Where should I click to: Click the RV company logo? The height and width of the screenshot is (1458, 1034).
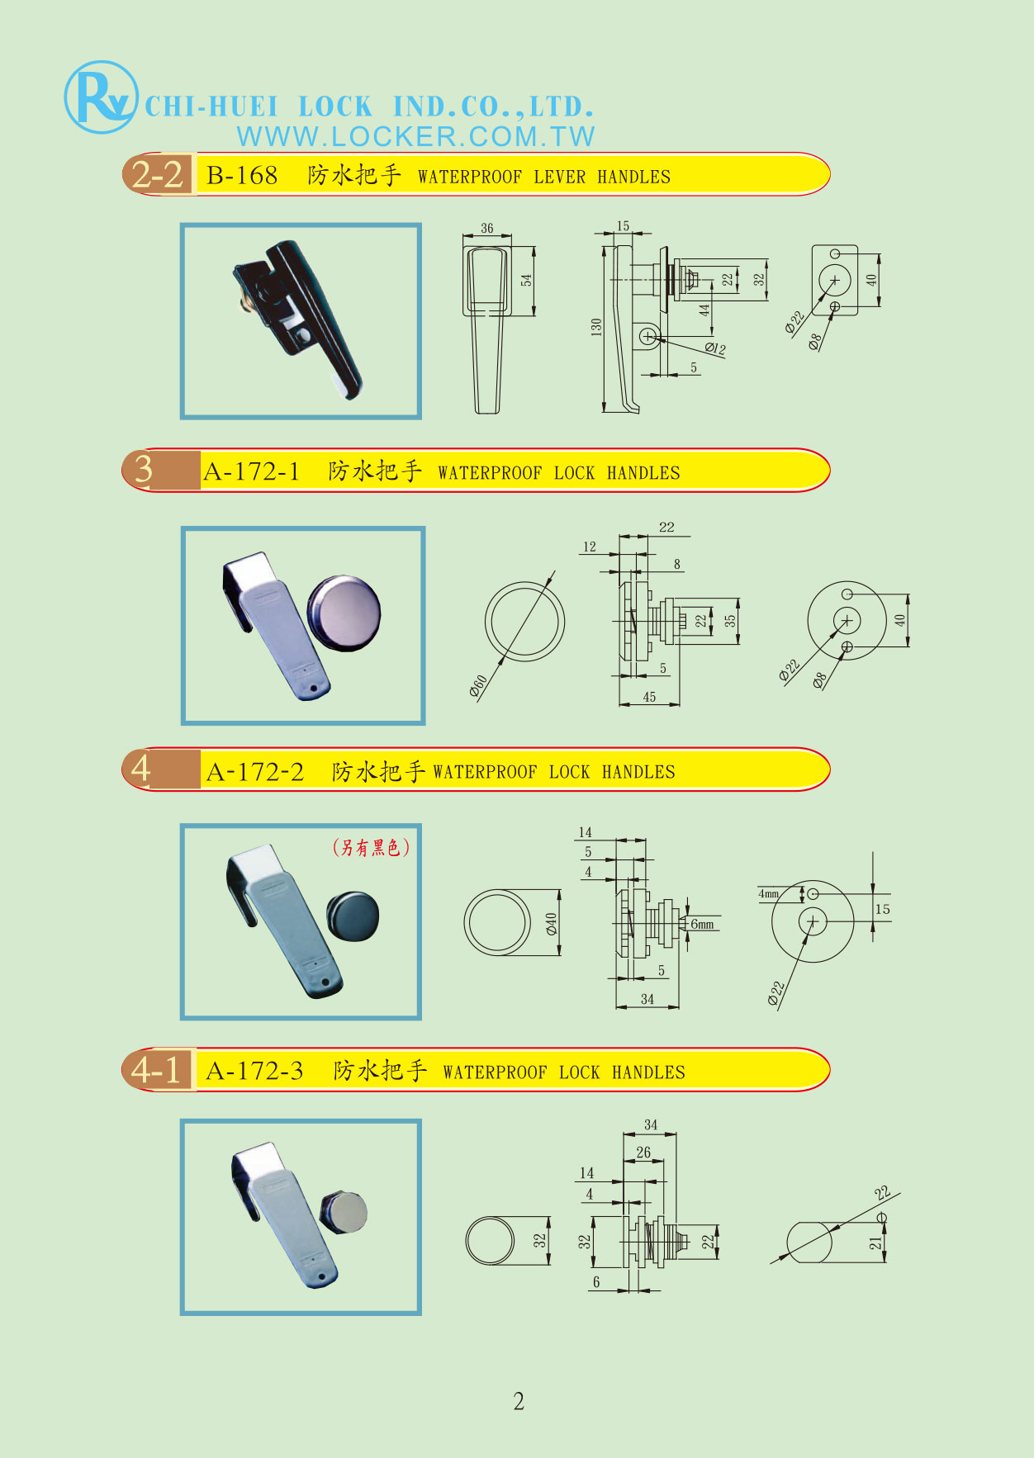(100, 97)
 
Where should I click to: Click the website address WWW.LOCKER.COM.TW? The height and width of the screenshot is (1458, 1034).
(415, 136)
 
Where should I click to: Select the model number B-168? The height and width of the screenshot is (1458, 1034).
(242, 175)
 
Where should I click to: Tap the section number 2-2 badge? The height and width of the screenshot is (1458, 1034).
(158, 174)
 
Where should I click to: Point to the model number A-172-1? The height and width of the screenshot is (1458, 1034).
(251, 471)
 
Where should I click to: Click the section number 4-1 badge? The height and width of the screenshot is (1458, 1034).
(157, 1070)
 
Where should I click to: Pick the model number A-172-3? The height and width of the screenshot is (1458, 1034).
(254, 1071)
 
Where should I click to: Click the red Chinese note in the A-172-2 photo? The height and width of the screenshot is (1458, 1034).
(371, 847)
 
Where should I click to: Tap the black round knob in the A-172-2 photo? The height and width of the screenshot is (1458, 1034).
(353, 916)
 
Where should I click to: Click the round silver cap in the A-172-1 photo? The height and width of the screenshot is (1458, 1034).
(344, 613)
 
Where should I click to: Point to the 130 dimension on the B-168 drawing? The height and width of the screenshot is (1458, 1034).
(596, 327)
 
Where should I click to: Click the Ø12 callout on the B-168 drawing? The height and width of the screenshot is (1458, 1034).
(715, 348)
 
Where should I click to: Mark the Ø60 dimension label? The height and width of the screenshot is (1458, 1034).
(479, 686)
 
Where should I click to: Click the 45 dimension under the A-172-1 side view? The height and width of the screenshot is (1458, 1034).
(649, 698)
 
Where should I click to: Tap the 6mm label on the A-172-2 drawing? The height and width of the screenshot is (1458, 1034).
(702, 924)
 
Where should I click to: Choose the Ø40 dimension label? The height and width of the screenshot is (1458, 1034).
(552, 924)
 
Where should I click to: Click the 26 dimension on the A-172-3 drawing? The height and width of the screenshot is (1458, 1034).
(643, 1153)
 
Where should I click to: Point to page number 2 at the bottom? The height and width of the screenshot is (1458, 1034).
(519, 1401)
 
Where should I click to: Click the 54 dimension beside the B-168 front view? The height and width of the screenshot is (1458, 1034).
(526, 281)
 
